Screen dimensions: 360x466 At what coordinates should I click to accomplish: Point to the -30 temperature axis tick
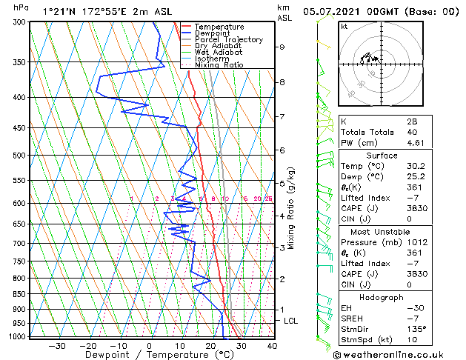pos(57,345)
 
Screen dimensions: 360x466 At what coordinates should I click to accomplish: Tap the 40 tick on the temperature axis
pos(272,345)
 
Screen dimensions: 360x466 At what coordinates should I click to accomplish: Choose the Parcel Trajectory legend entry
pos(228,40)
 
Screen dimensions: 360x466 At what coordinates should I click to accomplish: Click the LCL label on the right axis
pos(291,321)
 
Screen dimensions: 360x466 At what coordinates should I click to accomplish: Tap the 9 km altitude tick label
pos(282,47)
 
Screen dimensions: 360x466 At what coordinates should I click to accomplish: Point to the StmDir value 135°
pos(416,329)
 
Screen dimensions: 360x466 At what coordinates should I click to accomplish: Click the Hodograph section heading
pos(382,297)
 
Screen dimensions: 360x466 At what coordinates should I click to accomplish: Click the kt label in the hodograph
pos(344,26)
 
